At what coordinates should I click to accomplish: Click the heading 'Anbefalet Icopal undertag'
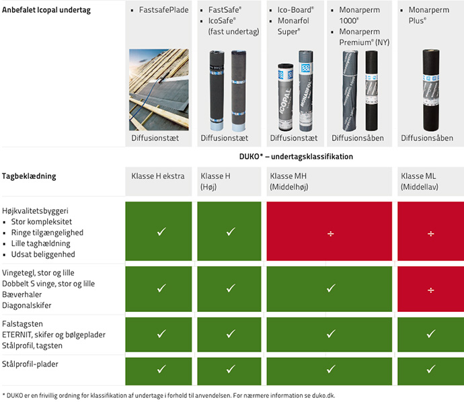[46, 10]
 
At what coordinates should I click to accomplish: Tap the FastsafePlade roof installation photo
[159, 89]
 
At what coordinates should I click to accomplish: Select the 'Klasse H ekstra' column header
[158, 176]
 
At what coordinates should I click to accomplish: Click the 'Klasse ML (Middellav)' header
[420, 182]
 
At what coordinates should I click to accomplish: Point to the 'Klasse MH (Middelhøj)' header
[289, 182]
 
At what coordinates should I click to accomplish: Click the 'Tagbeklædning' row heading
[29, 176]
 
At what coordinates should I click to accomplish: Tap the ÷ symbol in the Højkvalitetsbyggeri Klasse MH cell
[331, 234]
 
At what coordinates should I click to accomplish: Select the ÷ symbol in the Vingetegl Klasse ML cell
[431, 290]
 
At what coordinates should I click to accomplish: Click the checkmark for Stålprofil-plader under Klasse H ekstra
[161, 369]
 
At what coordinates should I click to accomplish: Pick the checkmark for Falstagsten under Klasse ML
[431, 333]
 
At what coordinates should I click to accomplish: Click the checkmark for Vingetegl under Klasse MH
[331, 288]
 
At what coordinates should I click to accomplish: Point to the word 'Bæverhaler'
[22, 294]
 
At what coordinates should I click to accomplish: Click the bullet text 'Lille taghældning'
[41, 243]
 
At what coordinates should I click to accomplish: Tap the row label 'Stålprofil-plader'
[30, 364]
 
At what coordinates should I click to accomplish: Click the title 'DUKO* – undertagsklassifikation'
[296, 157]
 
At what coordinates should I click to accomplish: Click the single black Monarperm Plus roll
[431, 90]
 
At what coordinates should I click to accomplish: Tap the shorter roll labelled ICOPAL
[286, 97]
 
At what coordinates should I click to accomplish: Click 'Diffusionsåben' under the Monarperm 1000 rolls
[358, 138]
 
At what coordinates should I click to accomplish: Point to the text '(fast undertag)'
[234, 32]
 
